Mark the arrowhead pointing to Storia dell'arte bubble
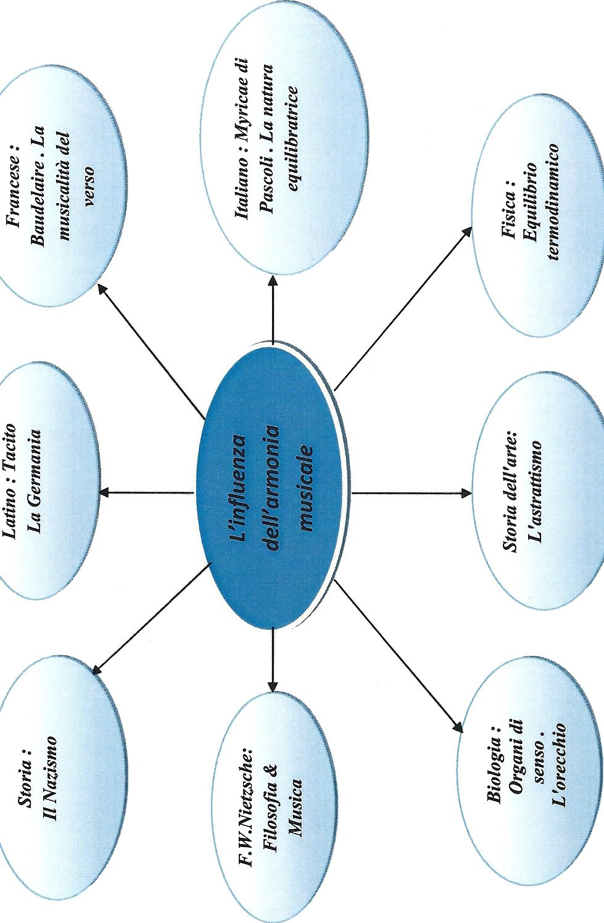[x=466, y=493]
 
